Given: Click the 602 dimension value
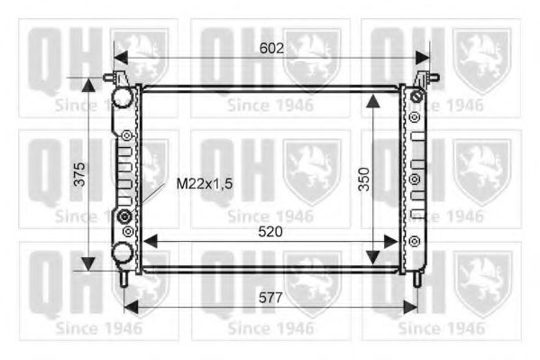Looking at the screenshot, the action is [271, 49].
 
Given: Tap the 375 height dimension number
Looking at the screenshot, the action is [79, 174].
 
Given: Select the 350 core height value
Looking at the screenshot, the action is [363, 179].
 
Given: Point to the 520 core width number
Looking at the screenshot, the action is [270, 232].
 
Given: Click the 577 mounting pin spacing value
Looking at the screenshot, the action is [270, 298].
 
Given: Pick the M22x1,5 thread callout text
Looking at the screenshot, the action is [205, 184].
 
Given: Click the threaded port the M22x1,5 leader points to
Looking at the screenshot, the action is [124, 217].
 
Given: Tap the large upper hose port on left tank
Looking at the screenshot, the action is [123, 97].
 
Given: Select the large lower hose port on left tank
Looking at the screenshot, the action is [123, 252].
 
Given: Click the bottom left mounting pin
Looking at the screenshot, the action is [124, 279].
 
